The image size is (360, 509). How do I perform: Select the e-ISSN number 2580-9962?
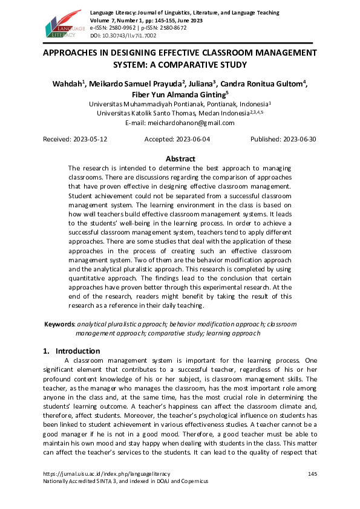(119, 28)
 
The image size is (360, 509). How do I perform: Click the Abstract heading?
(180, 159)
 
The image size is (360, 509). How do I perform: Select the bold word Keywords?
(59, 324)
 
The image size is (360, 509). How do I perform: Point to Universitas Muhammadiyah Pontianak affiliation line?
(180, 104)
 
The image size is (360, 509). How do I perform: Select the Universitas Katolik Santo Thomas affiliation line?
(180, 113)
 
